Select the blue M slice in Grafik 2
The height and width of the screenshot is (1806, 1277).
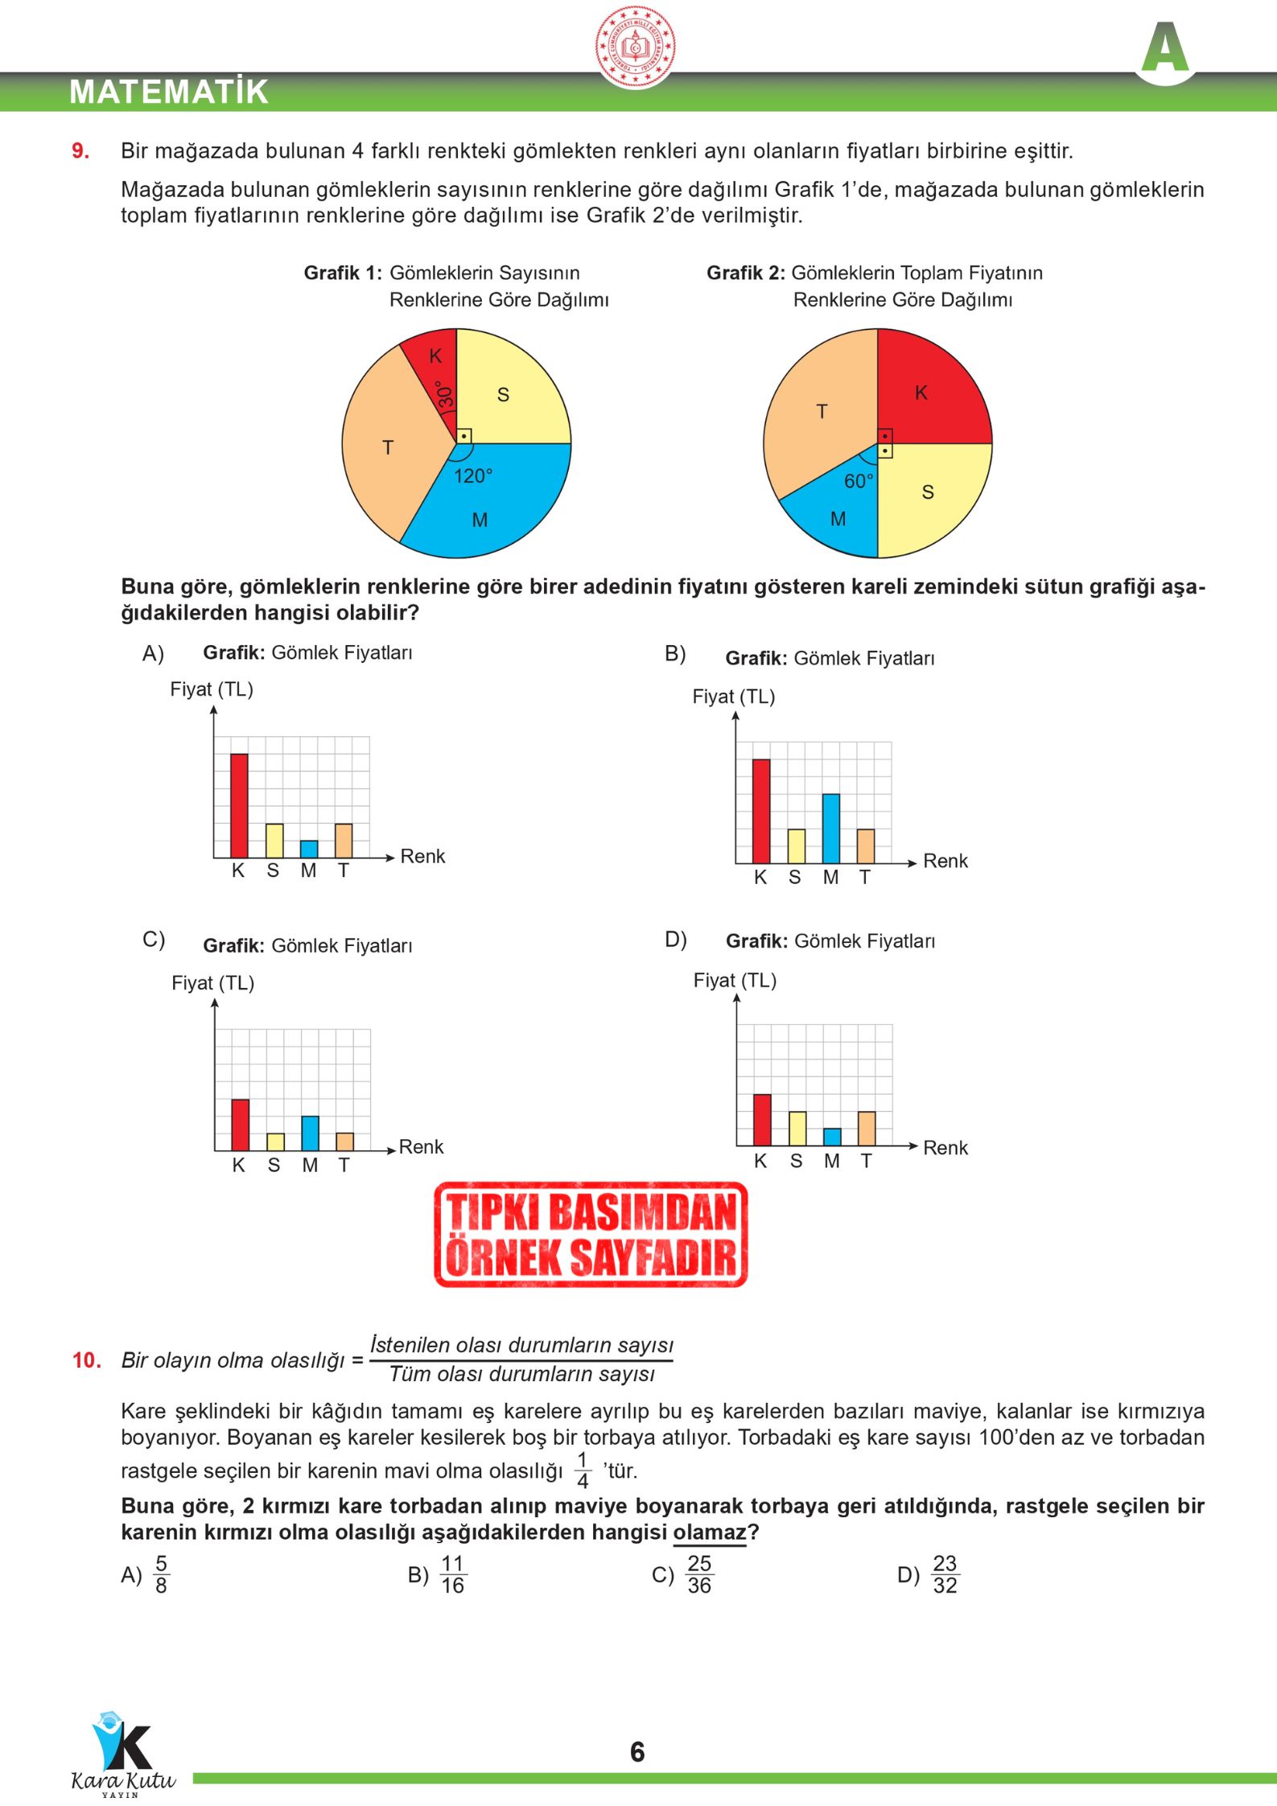click(x=837, y=515)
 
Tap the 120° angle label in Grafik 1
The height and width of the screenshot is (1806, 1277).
click(x=472, y=476)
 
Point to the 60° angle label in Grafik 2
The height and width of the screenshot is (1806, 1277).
click(x=858, y=481)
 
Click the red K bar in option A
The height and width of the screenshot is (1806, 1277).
click(x=239, y=805)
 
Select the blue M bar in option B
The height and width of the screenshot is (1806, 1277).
click(x=830, y=829)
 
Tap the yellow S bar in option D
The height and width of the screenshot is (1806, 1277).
click(x=797, y=1128)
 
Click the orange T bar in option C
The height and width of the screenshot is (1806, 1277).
click(x=344, y=1141)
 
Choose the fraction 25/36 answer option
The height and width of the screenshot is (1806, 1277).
click(x=698, y=1574)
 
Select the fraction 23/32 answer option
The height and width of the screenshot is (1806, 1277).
click(x=944, y=1574)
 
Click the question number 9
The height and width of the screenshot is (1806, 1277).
click(x=80, y=151)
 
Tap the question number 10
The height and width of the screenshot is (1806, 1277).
click(x=86, y=1360)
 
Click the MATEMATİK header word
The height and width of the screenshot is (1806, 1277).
click(x=169, y=92)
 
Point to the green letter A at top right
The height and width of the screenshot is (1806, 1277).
click(x=1164, y=48)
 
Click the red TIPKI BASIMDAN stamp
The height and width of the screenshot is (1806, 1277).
click(x=591, y=1235)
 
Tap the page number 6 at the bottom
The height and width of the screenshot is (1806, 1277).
click(x=637, y=1751)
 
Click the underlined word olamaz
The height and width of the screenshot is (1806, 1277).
click(x=710, y=1532)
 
